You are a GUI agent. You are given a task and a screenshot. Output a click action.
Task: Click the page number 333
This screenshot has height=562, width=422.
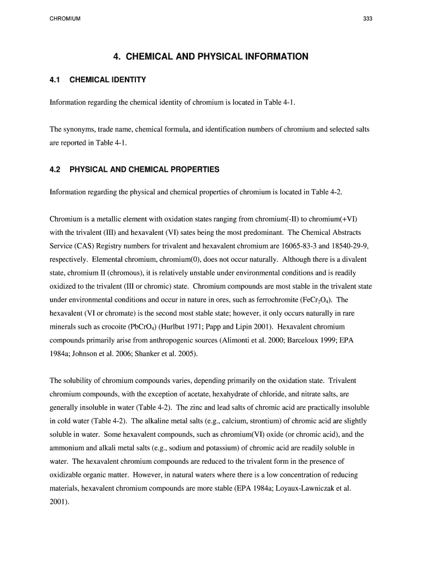click(x=368, y=19)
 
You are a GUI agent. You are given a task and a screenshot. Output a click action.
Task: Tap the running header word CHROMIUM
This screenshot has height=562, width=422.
click(x=65, y=19)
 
